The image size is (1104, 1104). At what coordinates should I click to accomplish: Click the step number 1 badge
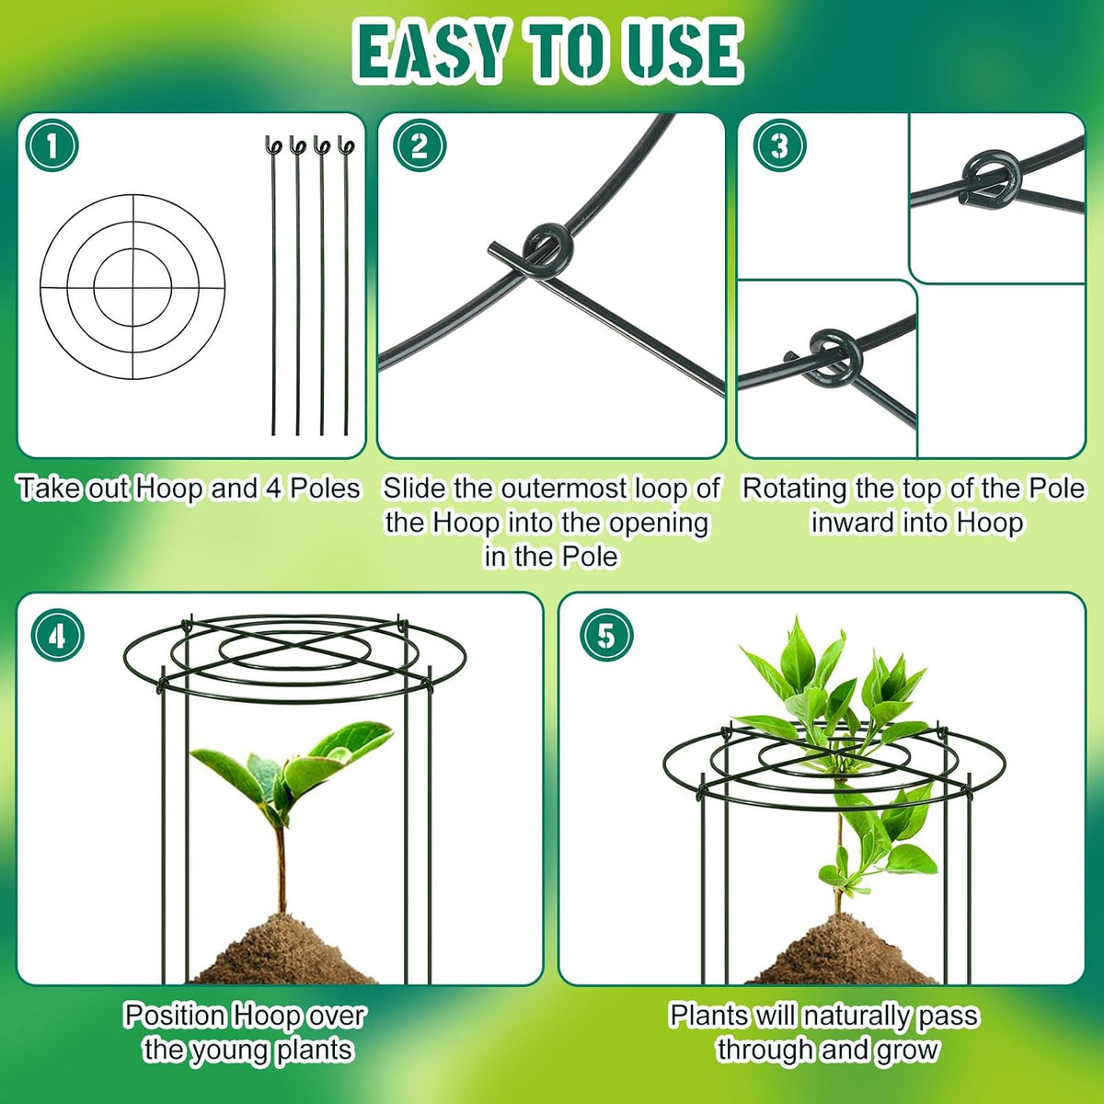[x=52, y=146]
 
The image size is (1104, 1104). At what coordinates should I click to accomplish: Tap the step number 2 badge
[x=420, y=146]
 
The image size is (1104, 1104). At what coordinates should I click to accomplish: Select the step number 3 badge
[x=779, y=146]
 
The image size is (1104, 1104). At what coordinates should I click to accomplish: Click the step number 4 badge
[x=57, y=636]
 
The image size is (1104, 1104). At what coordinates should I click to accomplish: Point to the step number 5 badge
[x=606, y=636]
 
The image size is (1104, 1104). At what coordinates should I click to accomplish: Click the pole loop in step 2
[x=546, y=249]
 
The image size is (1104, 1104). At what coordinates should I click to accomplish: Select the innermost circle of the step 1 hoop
[x=132, y=248]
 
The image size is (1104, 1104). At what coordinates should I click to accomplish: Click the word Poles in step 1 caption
[x=324, y=489]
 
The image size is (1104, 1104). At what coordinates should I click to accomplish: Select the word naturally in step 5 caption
[x=856, y=1015]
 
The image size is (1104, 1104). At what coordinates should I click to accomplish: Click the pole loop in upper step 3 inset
[x=985, y=178]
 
